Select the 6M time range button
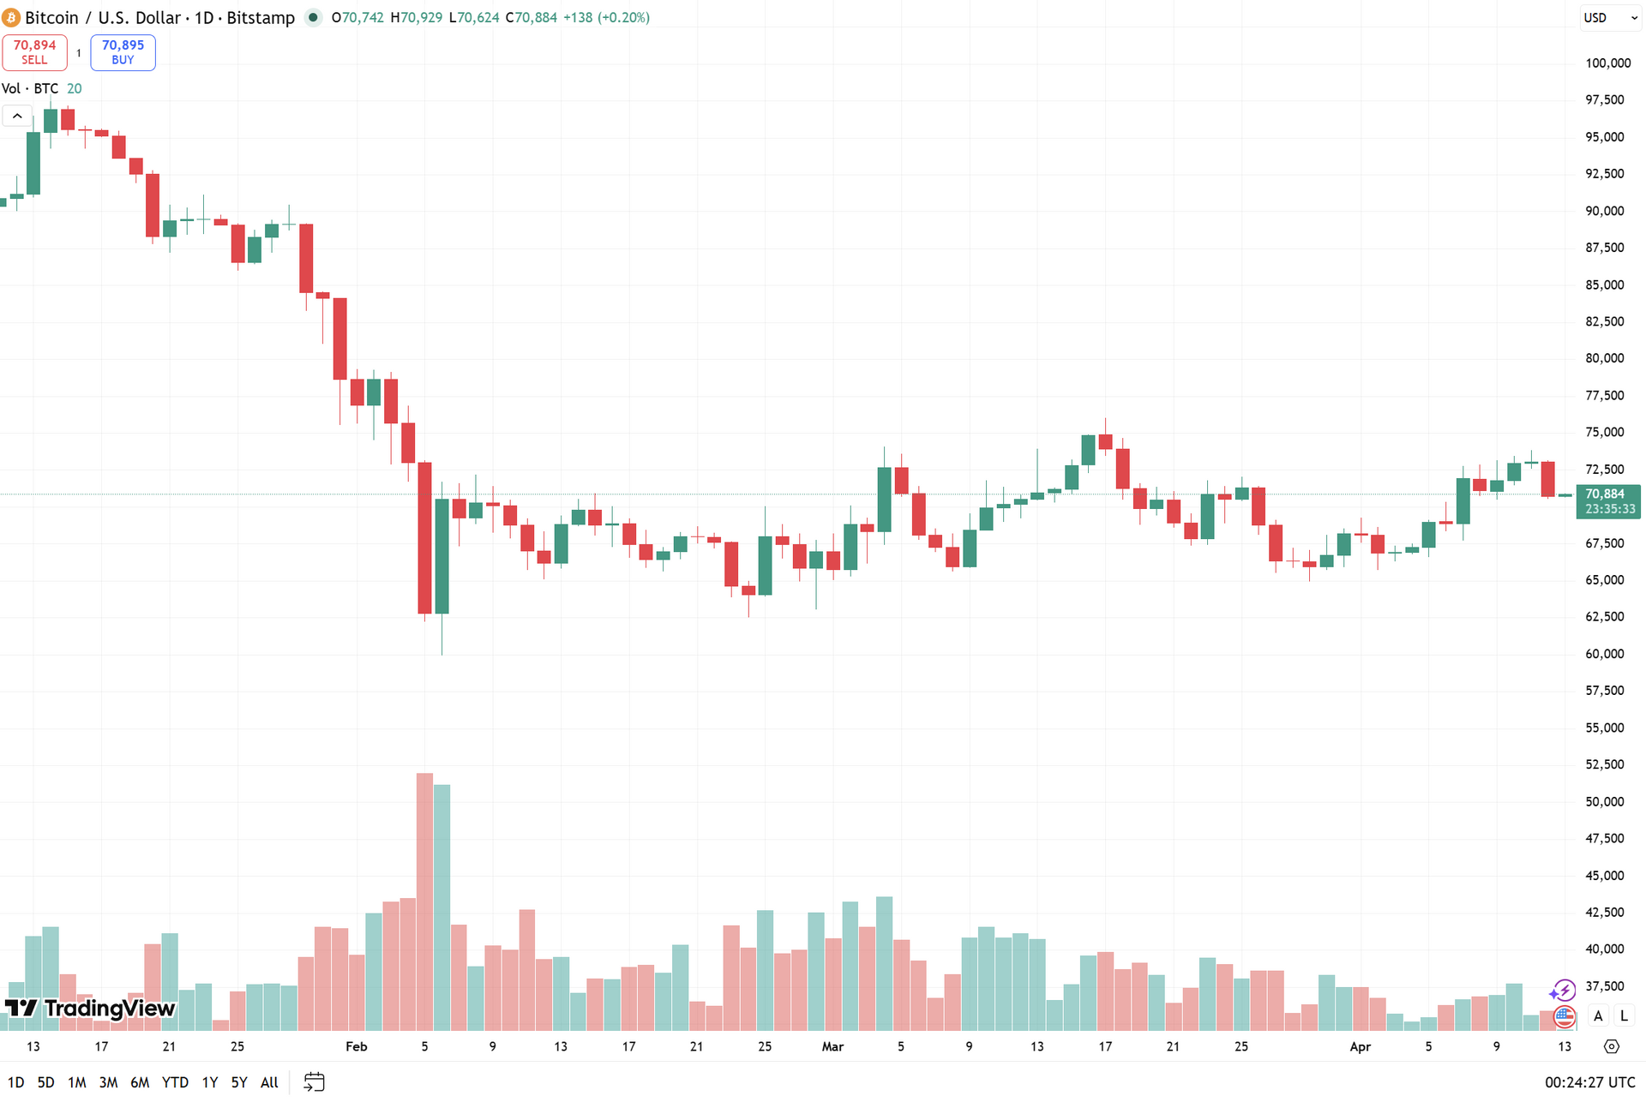(140, 1082)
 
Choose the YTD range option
(175, 1082)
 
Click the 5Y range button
(239, 1082)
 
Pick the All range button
(269, 1082)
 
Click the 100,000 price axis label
(1607, 63)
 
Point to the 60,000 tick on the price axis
(1604, 654)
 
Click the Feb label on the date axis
(356, 1046)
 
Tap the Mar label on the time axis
(832, 1046)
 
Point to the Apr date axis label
(1360, 1046)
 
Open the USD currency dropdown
(1609, 18)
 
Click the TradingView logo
(90, 1008)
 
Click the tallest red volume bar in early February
(424, 900)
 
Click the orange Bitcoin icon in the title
(11, 18)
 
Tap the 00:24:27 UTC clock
(1589, 1082)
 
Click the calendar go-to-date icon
(315, 1082)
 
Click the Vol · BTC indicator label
(31, 89)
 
